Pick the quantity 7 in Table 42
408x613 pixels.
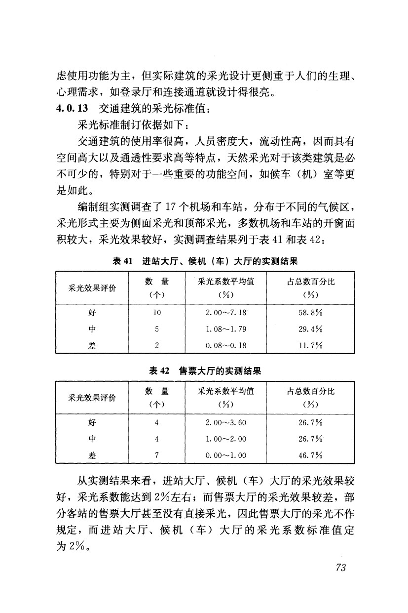157,455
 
